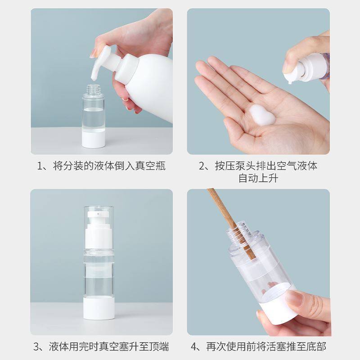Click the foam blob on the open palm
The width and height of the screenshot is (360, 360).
pyautogui.click(x=262, y=115)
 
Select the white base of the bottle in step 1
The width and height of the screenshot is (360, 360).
pyautogui.click(x=94, y=139)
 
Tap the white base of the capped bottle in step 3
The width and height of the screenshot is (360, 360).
pyautogui.click(x=99, y=308)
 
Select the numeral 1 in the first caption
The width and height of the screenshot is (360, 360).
pyautogui.click(x=40, y=166)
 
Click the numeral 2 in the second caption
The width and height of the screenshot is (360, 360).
pyautogui.click(x=202, y=166)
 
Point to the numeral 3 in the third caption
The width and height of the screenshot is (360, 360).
pyautogui.click(x=36, y=346)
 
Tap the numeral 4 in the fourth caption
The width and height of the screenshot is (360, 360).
pyautogui.click(x=194, y=346)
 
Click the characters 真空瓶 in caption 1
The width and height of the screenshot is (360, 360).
pyautogui.click(x=150, y=166)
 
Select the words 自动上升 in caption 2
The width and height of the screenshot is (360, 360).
pyautogui.click(x=258, y=178)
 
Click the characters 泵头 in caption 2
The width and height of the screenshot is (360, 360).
pyautogui.click(x=246, y=166)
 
